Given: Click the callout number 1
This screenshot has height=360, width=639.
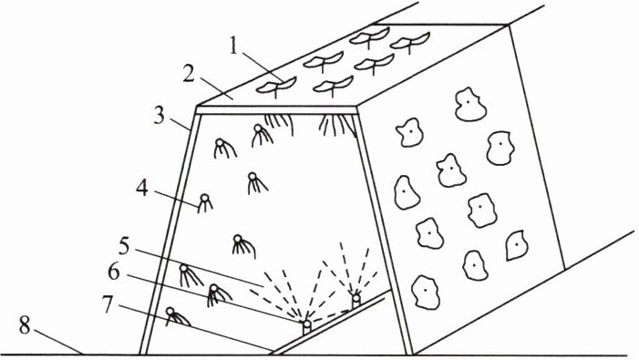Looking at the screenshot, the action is pos(233,46).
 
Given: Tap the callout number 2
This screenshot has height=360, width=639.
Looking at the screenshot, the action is pos(189,74).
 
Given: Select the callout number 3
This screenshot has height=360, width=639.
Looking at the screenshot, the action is pos(159,115).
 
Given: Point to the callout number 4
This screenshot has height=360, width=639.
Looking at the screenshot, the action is pos(142,189).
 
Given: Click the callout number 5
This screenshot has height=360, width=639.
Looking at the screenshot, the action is pos(124,247).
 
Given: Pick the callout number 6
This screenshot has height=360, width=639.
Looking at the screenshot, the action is pos(114,272).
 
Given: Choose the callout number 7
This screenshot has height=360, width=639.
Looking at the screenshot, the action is pos(107,304).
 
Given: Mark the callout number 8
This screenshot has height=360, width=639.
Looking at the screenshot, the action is pos(25,326).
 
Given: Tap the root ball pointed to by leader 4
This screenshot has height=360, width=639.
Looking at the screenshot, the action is pos(205,203).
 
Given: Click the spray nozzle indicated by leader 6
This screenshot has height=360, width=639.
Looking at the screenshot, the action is pos(307,326).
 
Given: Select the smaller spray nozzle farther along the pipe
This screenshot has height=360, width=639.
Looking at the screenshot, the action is pos(356,300).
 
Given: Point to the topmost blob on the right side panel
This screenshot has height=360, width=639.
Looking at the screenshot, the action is pos(470,104).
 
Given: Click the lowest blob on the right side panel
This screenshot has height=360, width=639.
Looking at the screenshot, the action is pos(426,292).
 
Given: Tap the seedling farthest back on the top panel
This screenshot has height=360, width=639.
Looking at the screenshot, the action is pos(410,43).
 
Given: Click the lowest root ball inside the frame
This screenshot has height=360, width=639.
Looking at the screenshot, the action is pos(177,316).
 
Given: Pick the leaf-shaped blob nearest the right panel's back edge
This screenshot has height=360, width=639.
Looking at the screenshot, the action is pos(517,245).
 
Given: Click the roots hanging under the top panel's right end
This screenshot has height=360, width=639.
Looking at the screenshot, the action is pos(336,124).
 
